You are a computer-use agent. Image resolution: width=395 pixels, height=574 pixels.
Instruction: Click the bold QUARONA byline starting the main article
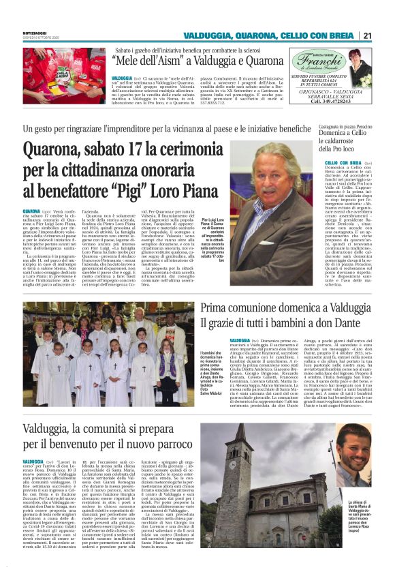click(31, 211)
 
